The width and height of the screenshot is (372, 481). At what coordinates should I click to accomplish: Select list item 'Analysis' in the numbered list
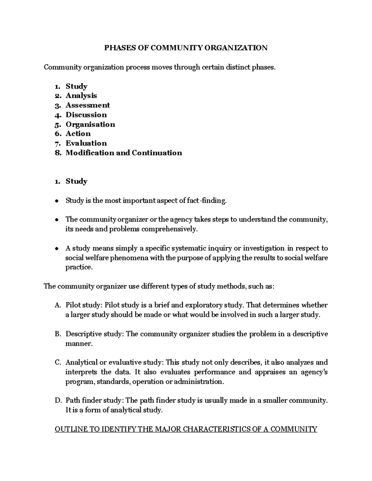click(x=81, y=96)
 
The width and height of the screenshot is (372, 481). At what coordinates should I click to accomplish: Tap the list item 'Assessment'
click(x=88, y=105)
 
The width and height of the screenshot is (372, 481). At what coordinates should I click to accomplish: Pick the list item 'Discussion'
click(x=86, y=115)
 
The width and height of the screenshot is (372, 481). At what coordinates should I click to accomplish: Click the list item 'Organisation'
click(x=90, y=125)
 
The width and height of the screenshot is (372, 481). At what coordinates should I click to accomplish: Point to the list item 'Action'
click(x=78, y=134)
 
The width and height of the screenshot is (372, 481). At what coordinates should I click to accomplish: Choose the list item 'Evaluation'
click(x=86, y=143)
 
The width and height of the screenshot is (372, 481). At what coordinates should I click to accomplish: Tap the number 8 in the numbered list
click(x=58, y=153)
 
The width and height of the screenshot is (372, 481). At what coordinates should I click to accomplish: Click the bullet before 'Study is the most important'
click(x=56, y=201)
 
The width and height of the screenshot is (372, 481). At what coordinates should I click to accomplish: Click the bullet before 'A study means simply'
click(x=56, y=248)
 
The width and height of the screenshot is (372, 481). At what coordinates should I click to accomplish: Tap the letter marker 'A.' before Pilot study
click(x=58, y=305)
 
